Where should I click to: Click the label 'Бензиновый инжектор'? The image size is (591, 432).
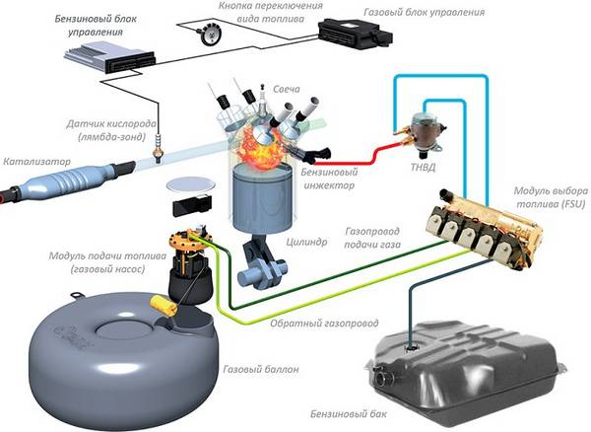coord(322,177)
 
